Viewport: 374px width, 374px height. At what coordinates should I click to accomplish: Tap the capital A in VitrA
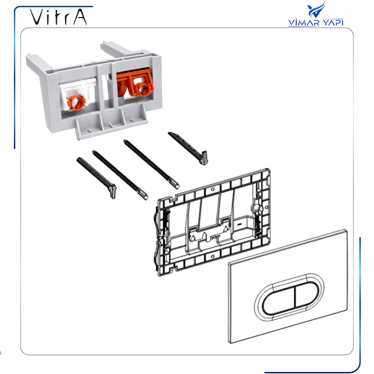(80, 17)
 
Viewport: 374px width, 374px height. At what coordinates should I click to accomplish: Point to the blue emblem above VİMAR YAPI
(316, 10)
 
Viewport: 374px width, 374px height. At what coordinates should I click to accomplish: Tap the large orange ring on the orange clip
(143, 89)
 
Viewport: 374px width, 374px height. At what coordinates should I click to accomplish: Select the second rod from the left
(120, 175)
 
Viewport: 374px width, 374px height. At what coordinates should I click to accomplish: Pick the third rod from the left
(151, 164)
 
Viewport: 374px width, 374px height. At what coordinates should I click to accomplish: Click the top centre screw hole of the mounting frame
(213, 189)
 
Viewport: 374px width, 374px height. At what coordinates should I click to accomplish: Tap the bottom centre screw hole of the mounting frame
(213, 256)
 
